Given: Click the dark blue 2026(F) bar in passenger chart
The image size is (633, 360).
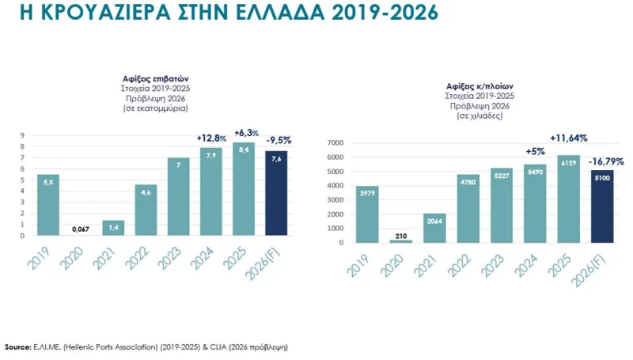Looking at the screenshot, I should coord(276,192).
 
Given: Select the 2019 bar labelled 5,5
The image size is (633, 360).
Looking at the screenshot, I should coord(47,204).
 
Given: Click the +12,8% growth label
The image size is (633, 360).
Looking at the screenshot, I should coord(211,138).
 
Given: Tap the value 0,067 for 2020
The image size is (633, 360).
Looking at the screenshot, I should coord(80,229).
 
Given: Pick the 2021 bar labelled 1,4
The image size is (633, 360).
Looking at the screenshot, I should coord(113,226).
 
